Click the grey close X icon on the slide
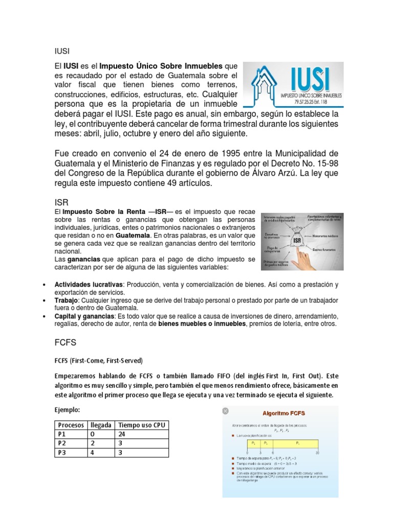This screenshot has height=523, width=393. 225,411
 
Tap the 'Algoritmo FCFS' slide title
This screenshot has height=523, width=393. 280,413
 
